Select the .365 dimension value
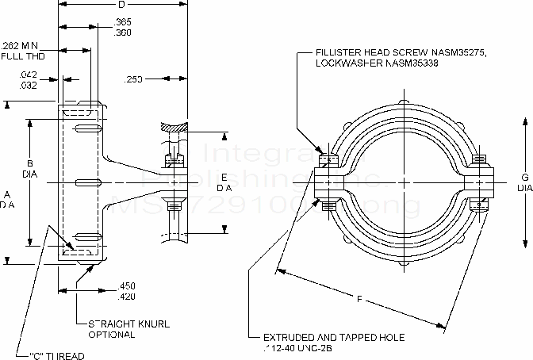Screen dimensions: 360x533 point(124,21)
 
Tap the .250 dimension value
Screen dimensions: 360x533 point(136,79)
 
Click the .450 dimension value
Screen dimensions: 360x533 point(126,285)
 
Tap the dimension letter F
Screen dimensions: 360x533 point(359,299)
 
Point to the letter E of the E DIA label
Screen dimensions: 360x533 point(224,176)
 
